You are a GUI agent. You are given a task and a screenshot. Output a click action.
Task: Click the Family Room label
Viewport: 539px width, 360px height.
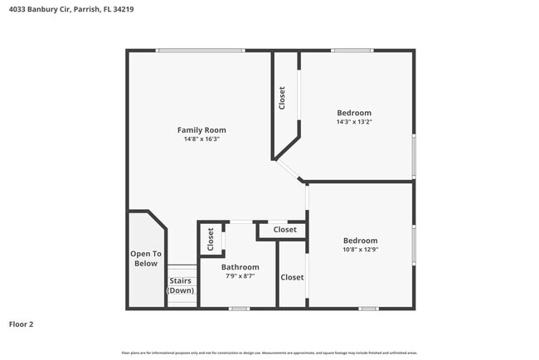tap(202, 129)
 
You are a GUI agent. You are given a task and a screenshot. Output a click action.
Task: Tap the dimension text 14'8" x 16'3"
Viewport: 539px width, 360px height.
tap(202, 139)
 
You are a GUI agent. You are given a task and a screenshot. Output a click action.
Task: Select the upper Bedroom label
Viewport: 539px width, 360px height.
tap(354, 113)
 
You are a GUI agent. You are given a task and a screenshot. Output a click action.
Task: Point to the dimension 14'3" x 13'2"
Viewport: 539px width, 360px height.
tap(354, 122)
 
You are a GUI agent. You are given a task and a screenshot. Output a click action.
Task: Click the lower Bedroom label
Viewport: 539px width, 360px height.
tap(360, 241)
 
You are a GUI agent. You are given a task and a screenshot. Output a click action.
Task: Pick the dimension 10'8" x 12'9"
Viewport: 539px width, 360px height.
tap(360, 250)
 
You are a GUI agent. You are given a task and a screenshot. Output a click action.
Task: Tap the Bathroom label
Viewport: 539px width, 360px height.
tap(240, 267)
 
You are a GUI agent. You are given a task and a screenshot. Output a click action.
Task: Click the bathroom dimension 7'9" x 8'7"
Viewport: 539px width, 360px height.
tap(240, 276)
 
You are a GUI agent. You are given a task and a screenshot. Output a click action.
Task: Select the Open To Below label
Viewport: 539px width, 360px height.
tap(145, 259)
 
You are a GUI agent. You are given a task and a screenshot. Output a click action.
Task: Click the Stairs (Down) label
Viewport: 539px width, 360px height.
tap(181, 286)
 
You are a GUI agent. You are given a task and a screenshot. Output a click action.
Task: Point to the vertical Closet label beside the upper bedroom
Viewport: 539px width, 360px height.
tap(282, 99)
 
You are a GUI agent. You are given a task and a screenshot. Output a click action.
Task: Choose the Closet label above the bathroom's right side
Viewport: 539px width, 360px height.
tap(284, 230)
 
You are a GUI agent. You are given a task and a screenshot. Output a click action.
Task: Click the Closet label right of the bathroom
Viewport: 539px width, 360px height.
tap(292, 277)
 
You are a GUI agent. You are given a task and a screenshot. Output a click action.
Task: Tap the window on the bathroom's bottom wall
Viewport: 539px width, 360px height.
tap(239, 309)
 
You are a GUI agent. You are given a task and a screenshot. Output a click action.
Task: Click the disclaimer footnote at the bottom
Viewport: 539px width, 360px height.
tap(269, 352)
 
